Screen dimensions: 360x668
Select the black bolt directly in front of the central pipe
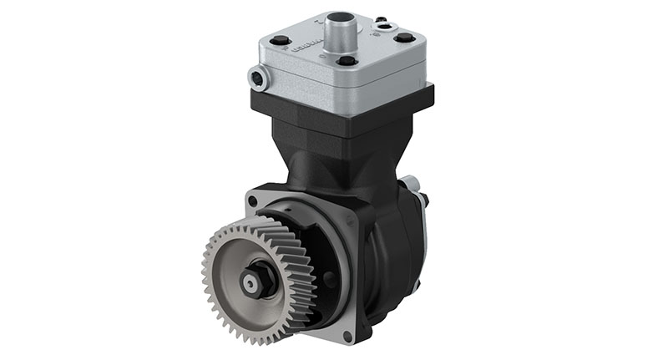347,60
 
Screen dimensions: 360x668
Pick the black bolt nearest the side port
281,39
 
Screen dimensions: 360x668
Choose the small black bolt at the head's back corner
381,18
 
